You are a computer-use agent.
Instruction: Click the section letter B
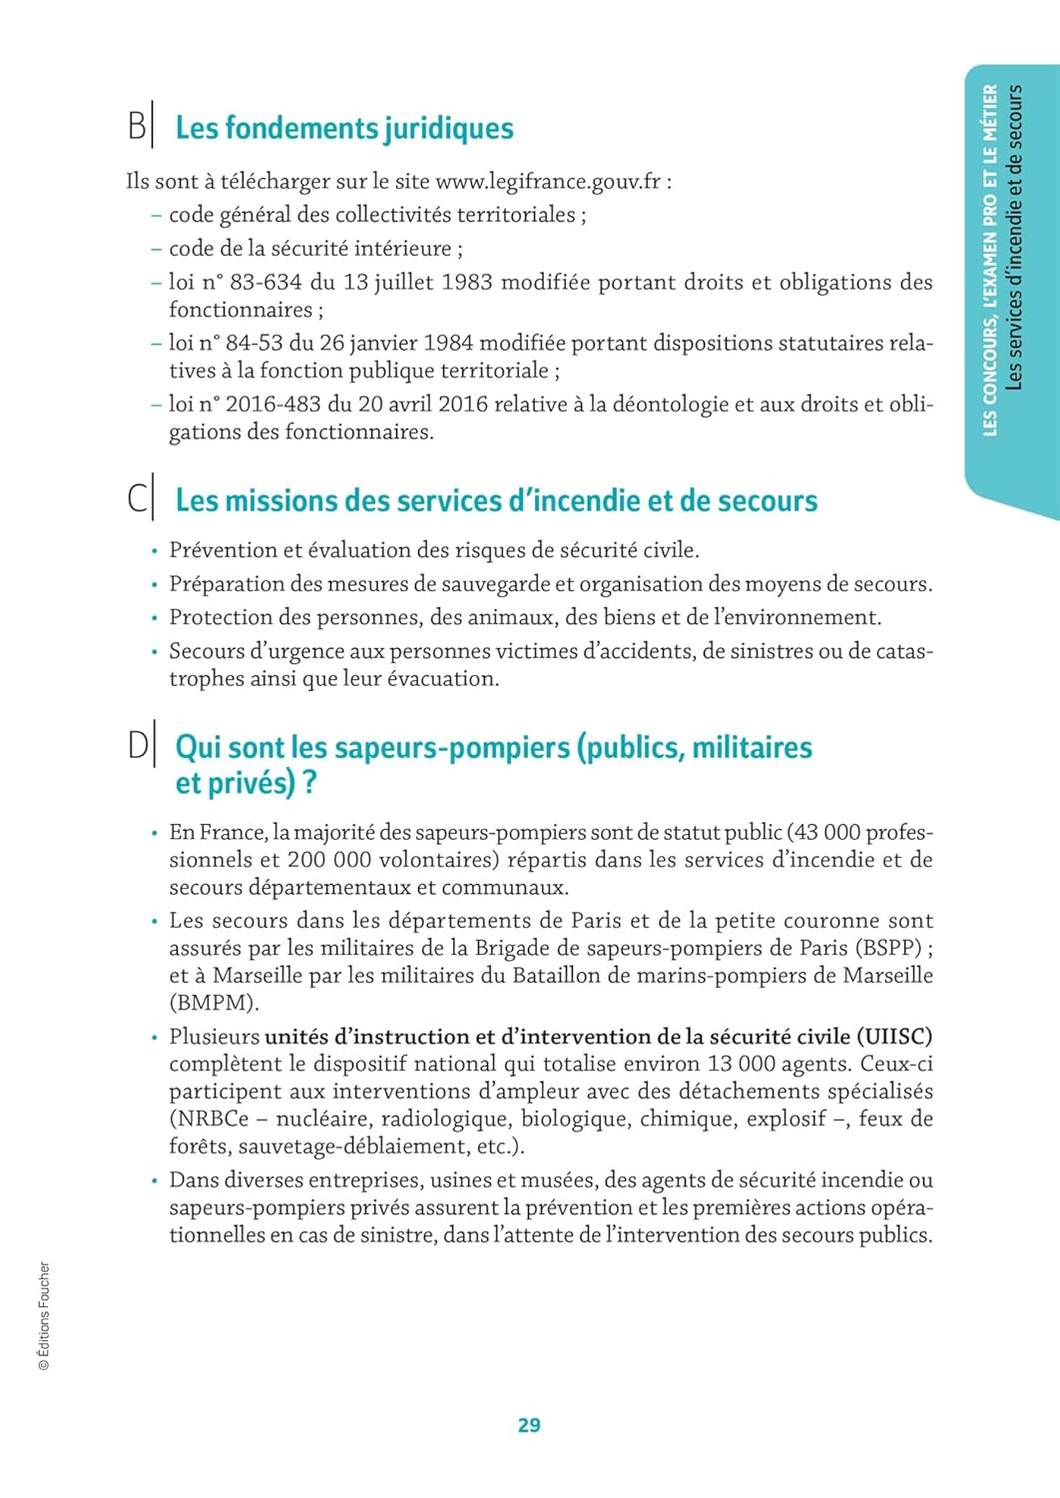(x=136, y=127)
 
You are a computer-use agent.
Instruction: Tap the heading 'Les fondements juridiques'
(x=344, y=128)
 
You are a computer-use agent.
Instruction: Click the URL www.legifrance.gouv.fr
(x=548, y=182)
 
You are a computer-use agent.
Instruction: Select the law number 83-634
(x=265, y=283)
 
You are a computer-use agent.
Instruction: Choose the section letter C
(x=137, y=499)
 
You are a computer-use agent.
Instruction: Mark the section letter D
(x=138, y=746)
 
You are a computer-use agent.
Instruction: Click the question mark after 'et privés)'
(x=309, y=783)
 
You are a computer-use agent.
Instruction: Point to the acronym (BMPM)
(x=214, y=1003)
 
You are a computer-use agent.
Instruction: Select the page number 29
(x=529, y=1425)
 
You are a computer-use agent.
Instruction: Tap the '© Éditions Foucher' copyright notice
(x=44, y=1316)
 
